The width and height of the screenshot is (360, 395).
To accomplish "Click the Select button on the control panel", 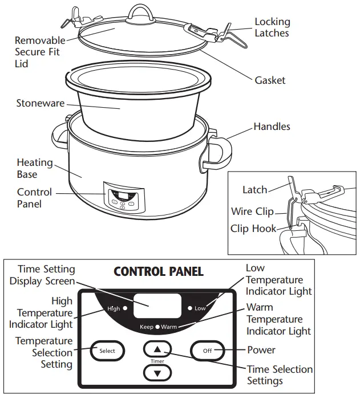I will pos(107,351).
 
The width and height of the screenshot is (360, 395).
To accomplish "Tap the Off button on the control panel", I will pos(207,351).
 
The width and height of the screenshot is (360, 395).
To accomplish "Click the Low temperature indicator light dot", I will pos(189,308).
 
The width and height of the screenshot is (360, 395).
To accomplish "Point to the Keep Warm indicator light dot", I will pos(157,327).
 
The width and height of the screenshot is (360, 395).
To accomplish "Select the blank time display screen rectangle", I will pos(157,306).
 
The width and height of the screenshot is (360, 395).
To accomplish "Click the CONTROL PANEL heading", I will pos(159,271).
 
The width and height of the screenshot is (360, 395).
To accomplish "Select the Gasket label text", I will pos(270,80).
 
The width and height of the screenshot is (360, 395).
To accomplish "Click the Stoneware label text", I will pos(40,103).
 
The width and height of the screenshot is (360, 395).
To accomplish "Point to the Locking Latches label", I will pos(272,27).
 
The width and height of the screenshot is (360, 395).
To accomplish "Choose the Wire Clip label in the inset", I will pos(252,211).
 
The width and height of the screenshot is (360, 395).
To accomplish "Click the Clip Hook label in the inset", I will pos(253,229).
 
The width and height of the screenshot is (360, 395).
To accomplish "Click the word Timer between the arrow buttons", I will pos(157,361).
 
